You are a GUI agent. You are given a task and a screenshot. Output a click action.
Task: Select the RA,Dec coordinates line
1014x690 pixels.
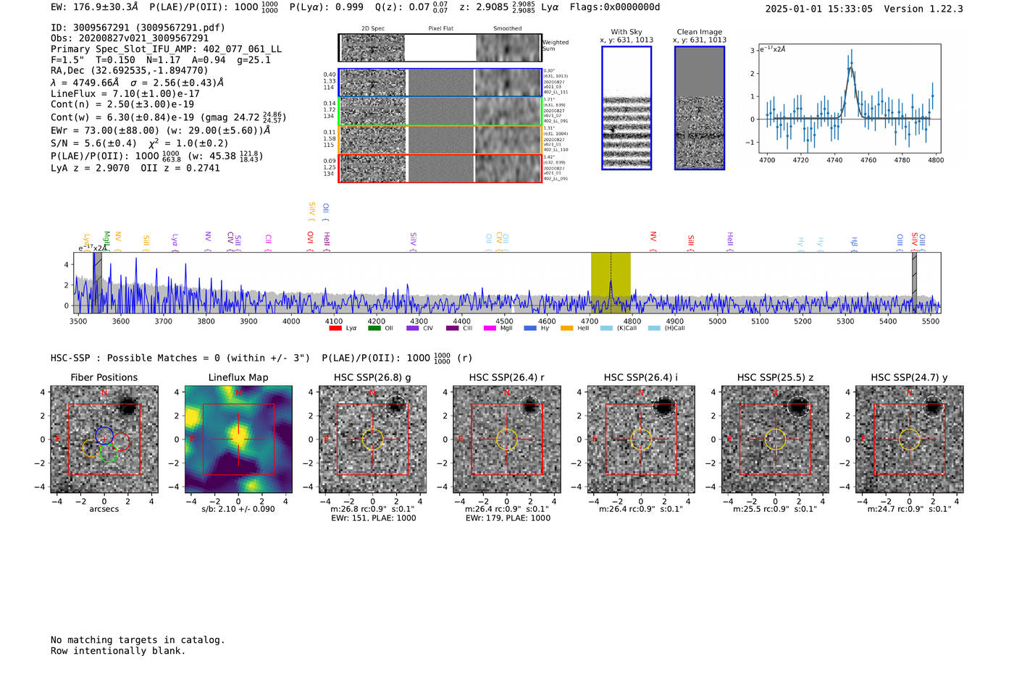pos(129,70)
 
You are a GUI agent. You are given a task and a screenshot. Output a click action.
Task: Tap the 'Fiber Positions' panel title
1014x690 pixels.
pos(104,377)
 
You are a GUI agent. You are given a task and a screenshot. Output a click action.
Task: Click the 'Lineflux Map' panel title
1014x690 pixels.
pos(238,377)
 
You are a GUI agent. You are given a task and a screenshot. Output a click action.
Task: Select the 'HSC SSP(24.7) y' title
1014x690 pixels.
pos(909,377)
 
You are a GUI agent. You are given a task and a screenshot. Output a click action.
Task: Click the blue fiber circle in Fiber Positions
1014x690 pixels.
pos(104,436)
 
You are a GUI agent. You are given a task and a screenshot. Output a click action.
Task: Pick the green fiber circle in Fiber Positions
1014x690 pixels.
pos(108,453)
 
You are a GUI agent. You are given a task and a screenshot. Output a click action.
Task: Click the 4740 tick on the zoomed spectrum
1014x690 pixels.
pos(834,160)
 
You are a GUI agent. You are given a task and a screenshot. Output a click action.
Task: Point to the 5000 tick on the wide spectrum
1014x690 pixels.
pos(717,321)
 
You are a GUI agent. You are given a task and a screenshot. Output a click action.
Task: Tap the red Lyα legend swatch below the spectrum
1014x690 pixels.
pos(335,328)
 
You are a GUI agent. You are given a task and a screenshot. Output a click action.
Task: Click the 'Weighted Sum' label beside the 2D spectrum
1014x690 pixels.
pos(555,46)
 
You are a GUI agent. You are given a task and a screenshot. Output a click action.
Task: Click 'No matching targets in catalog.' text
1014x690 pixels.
pos(138,640)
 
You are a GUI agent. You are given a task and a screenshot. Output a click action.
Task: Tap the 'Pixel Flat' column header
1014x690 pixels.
pos(440,29)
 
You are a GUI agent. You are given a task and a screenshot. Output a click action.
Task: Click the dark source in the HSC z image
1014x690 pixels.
pos(797,407)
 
